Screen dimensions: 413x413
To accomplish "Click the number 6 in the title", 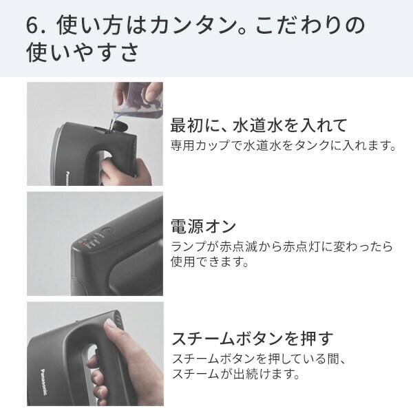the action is tap(32, 26).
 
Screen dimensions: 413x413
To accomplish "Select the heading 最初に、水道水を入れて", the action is tap(259, 125).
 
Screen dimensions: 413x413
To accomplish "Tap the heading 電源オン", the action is tap(203, 226).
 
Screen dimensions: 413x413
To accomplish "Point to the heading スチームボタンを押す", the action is tap(253, 339).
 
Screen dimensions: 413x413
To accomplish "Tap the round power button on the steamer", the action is tap(108, 232).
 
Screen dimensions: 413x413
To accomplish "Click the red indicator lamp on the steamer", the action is tap(84, 244).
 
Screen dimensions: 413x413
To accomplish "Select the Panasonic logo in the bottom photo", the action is tap(45, 382).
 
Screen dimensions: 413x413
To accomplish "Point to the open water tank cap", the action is tap(120, 127).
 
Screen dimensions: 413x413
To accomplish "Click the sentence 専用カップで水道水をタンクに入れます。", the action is tap(284, 145).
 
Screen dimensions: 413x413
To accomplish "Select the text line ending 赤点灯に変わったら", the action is tap(282, 246).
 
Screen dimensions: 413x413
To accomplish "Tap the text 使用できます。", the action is tap(210, 262).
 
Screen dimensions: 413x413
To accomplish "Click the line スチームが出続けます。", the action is tap(236, 374).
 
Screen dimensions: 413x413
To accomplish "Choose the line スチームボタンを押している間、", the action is tap(259, 359).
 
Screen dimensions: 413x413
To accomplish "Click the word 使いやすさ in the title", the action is tap(83, 52).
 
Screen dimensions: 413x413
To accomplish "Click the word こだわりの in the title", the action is tap(310, 25).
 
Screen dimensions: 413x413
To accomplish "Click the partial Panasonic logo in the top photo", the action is tap(67, 178).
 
